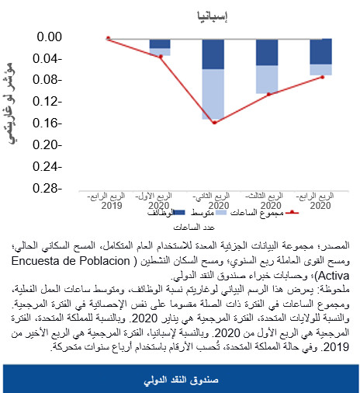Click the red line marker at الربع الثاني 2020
point(214,123)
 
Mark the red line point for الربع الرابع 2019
point(109,37)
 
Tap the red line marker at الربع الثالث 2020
point(268,95)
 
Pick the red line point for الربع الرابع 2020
point(321,77)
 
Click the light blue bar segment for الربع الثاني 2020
point(214,94)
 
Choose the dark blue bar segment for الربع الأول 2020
point(161,43)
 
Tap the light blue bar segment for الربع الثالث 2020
point(268,78)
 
